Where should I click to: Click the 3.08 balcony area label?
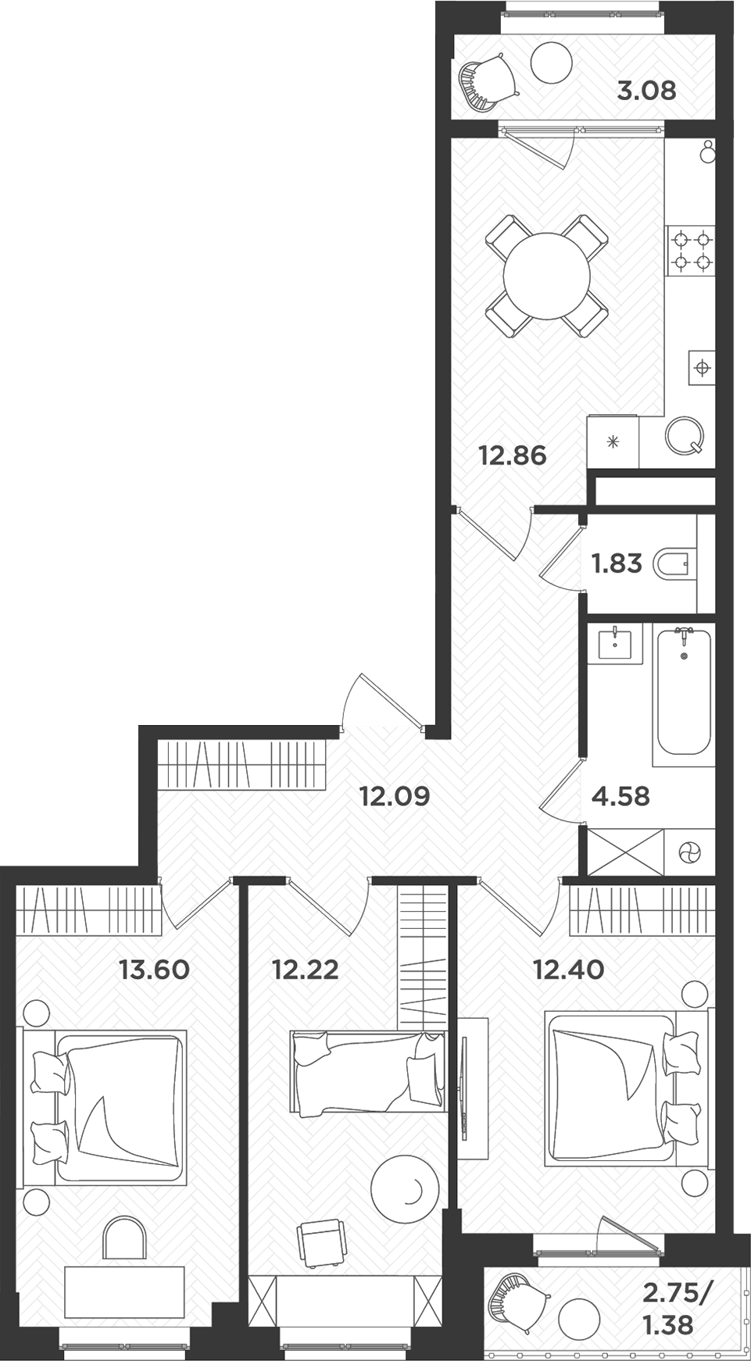(x=646, y=91)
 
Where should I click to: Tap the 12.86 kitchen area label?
(x=513, y=455)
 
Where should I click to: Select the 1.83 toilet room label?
(x=617, y=563)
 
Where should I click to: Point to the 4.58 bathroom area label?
(x=620, y=796)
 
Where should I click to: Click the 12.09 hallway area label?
(x=395, y=796)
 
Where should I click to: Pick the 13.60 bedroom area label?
(x=154, y=970)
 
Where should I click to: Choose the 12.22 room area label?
(x=305, y=970)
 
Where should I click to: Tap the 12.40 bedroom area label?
(x=568, y=970)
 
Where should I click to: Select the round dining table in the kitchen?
(x=546, y=276)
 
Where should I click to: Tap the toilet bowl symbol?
(x=673, y=563)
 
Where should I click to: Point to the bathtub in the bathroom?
(x=684, y=691)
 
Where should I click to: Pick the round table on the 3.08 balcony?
(x=551, y=62)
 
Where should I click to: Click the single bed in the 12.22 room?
(x=367, y=1071)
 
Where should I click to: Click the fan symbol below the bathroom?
(x=688, y=853)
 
